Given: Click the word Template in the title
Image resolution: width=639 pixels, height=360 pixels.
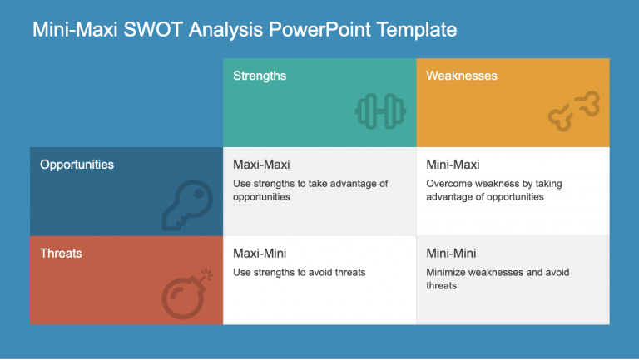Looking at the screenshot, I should point(416,30).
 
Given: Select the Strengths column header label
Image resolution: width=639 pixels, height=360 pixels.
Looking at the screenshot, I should point(260,76).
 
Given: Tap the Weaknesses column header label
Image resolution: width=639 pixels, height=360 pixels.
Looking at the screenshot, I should point(462,76).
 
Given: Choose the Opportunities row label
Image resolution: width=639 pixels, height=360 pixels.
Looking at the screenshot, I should point(77,165).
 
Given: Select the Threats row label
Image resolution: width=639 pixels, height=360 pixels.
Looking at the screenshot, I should point(61,253).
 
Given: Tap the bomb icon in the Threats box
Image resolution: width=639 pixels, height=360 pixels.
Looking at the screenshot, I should point(184,291).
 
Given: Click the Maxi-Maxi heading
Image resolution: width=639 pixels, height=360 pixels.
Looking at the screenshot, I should point(261,165).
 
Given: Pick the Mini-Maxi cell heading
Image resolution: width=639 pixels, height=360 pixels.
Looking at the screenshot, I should point(453,165).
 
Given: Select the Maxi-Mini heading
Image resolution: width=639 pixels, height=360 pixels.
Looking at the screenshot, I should point(260,253).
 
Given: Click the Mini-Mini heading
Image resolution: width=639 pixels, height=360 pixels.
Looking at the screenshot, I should point(451,253).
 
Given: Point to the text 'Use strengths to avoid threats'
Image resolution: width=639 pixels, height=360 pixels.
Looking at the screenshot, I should point(300,272).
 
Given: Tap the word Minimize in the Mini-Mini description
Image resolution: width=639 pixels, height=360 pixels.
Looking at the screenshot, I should point(448,272).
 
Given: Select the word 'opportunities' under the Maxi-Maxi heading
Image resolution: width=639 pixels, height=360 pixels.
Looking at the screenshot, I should point(261,197).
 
